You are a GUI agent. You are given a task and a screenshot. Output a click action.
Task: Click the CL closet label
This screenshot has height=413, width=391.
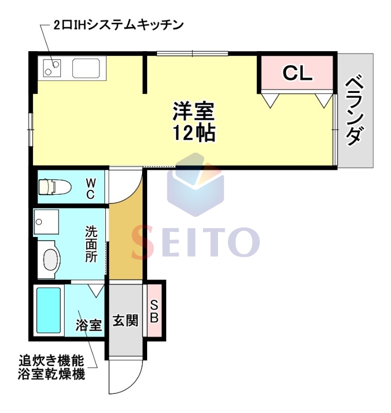(298, 73)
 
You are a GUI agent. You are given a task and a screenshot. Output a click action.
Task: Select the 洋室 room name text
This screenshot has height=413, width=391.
(193, 110)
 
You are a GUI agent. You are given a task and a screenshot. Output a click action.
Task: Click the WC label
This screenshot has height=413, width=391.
(90, 188)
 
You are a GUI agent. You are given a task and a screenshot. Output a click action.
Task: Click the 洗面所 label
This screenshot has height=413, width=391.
(91, 244)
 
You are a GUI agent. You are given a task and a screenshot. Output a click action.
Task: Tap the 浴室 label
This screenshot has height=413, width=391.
(88, 325)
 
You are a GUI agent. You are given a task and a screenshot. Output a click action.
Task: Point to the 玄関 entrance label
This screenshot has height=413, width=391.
(126, 321)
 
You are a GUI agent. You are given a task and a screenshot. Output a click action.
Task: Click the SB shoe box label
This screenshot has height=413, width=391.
(154, 312)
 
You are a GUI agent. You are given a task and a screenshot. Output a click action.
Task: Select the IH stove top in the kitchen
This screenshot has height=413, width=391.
(52, 67)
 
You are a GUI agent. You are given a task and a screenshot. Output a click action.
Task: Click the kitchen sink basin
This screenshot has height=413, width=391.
(88, 68)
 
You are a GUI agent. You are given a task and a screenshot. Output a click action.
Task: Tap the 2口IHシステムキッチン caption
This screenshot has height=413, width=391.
(119, 24)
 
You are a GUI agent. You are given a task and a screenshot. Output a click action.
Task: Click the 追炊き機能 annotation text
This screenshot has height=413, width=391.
(51, 360)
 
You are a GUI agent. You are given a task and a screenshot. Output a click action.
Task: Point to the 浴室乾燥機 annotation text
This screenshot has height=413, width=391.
(51, 374)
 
